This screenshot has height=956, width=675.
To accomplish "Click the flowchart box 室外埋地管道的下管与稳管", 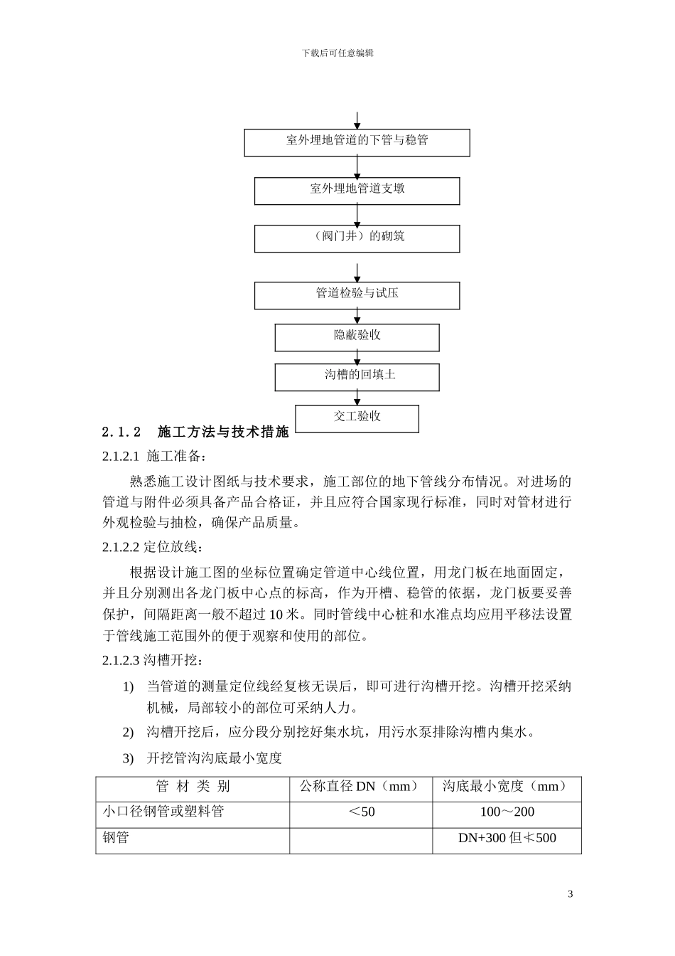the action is tap(357, 142).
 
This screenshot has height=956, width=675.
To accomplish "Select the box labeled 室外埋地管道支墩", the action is tap(357, 190).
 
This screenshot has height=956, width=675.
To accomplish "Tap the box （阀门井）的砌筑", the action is tap(357, 238).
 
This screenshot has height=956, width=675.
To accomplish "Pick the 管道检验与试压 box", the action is tap(357, 294).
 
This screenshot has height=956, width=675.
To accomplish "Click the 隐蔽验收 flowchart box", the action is tap(357, 336).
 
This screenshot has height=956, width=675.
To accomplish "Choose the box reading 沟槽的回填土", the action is tap(357, 376).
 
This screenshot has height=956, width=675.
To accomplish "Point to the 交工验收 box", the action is tap(357, 418).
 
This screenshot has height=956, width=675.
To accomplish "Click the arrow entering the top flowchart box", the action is tap(357, 119).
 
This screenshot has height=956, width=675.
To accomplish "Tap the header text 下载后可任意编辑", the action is tap(337, 53).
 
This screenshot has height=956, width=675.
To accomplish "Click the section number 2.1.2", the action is tap(122, 432).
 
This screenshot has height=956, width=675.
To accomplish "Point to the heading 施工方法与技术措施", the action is tap(223, 432).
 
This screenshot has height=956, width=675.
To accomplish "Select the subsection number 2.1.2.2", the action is tap(122, 547).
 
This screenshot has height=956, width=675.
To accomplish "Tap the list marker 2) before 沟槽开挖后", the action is tap(128, 733).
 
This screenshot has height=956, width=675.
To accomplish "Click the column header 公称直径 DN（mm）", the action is tap(360, 787).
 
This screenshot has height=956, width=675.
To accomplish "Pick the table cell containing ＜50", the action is tap(360, 812).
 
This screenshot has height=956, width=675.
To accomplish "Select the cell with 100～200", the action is tap(507, 812).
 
